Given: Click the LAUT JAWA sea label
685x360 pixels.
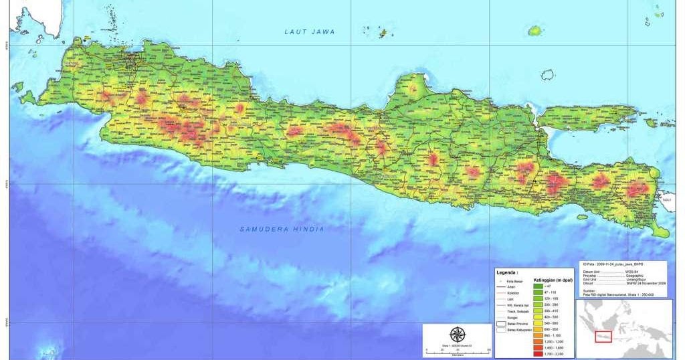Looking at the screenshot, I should [309, 32].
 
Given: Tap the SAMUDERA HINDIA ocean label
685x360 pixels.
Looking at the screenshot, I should [282, 230].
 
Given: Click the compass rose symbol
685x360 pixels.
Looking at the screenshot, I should [458, 335].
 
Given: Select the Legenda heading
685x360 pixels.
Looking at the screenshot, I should [507, 273].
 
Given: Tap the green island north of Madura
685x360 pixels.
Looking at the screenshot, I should [534, 31].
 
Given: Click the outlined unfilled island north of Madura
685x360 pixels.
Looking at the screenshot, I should [548, 75].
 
